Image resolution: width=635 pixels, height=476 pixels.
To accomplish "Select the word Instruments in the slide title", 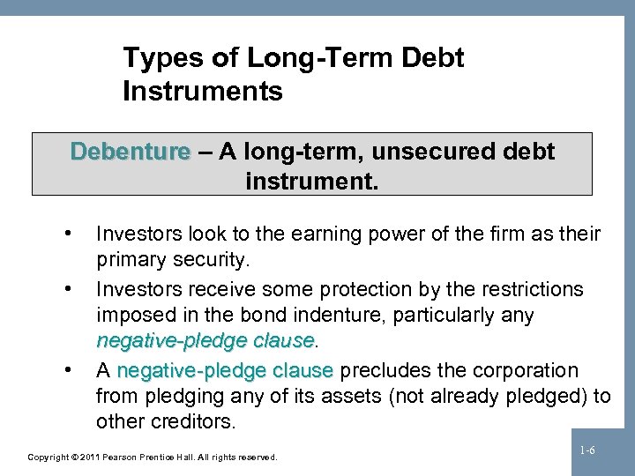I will pyautogui.click(x=203, y=91).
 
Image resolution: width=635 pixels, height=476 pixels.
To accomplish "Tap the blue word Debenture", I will pyautogui.click(x=130, y=152).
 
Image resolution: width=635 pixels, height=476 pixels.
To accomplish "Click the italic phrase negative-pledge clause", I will pyautogui.click(x=205, y=341).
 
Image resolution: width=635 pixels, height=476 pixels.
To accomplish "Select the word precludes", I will pyautogui.click(x=377, y=369).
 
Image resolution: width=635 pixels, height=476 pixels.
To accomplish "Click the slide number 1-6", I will pyautogui.click(x=586, y=450).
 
